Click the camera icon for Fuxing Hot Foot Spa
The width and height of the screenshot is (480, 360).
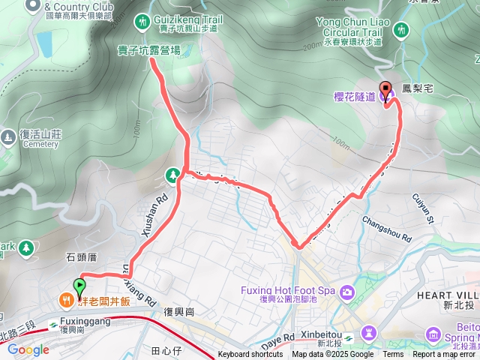[x=346, y=291]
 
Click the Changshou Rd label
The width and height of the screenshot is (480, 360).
[x=387, y=229]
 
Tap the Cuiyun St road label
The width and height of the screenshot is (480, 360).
[x=423, y=208]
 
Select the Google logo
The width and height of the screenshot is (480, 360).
[x=28, y=349]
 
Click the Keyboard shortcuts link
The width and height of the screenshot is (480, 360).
[x=250, y=355]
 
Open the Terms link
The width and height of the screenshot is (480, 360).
[x=393, y=355]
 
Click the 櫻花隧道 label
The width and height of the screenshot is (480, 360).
[x=355, y=96]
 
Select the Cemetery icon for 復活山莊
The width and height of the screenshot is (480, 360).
[x=8, y=137]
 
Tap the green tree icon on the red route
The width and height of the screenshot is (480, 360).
[x=173, y=175]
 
